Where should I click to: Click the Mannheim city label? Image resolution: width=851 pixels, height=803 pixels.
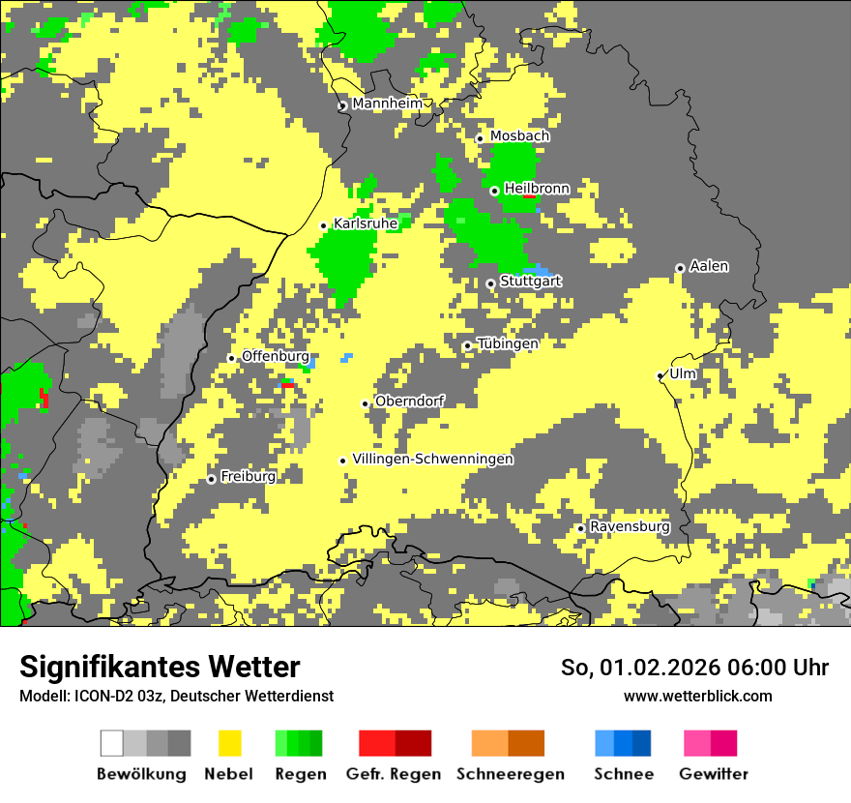387,104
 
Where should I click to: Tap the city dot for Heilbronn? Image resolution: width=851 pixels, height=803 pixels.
494,191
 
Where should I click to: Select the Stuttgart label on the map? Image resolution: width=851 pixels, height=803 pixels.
531,282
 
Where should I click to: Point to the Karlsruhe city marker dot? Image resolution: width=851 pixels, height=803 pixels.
324,225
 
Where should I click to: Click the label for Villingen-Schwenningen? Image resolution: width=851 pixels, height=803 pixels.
432,460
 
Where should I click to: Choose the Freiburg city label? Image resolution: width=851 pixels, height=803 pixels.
248,477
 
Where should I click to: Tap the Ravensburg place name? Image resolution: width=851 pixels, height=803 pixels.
630,527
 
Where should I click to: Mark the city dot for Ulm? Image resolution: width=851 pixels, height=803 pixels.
660,375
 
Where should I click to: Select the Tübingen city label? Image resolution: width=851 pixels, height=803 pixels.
508,344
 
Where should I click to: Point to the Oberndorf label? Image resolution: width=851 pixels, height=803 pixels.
409,401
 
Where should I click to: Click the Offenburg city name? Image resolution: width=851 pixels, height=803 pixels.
276,357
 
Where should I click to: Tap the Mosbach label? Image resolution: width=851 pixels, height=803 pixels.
519,136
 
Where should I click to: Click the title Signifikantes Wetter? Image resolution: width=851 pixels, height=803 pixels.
160,667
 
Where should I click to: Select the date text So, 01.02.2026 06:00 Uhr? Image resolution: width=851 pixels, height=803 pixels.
694,668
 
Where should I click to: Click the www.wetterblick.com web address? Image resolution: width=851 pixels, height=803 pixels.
697,697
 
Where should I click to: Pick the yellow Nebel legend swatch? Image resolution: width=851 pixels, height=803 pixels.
229,743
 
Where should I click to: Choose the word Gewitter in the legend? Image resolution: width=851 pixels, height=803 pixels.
714,774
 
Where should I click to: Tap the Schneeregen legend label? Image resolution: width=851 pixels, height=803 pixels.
511,774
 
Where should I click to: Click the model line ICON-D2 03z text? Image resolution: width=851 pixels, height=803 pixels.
176,697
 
